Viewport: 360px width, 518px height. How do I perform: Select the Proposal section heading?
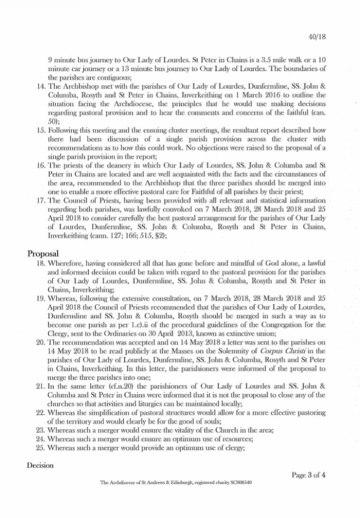43,253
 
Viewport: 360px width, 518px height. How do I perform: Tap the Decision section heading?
42,466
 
